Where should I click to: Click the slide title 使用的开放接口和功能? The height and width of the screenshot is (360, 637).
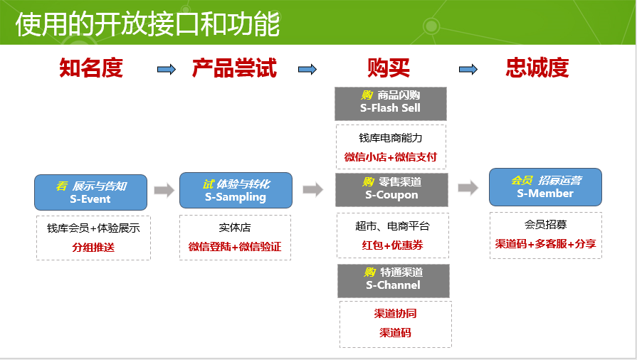147,23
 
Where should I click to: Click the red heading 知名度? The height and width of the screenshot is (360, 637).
91,68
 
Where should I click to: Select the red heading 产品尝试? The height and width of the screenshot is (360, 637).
234,68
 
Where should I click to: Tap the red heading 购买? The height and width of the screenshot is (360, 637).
389,68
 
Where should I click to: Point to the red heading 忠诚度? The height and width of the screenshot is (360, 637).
537,68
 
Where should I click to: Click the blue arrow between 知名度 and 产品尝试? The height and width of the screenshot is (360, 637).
167,69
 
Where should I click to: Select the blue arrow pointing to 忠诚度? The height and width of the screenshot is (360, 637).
468,69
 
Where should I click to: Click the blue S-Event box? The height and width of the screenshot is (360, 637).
90,192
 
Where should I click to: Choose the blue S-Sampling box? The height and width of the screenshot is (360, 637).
235,190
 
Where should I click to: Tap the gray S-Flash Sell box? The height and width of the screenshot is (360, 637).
390,103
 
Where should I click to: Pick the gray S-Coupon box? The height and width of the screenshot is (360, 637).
391,189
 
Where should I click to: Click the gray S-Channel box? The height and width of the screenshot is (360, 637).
393,280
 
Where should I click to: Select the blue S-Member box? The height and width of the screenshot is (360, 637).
545,187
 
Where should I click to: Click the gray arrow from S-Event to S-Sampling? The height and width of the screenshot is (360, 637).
164,190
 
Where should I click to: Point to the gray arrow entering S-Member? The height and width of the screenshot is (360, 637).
468,188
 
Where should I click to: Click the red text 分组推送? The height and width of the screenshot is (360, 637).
93,248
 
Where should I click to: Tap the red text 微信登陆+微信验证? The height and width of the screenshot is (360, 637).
235,247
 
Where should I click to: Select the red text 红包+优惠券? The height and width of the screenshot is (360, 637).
392,245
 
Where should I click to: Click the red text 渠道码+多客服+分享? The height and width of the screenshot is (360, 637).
546,244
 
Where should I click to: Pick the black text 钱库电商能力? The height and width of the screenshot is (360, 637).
391,138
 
